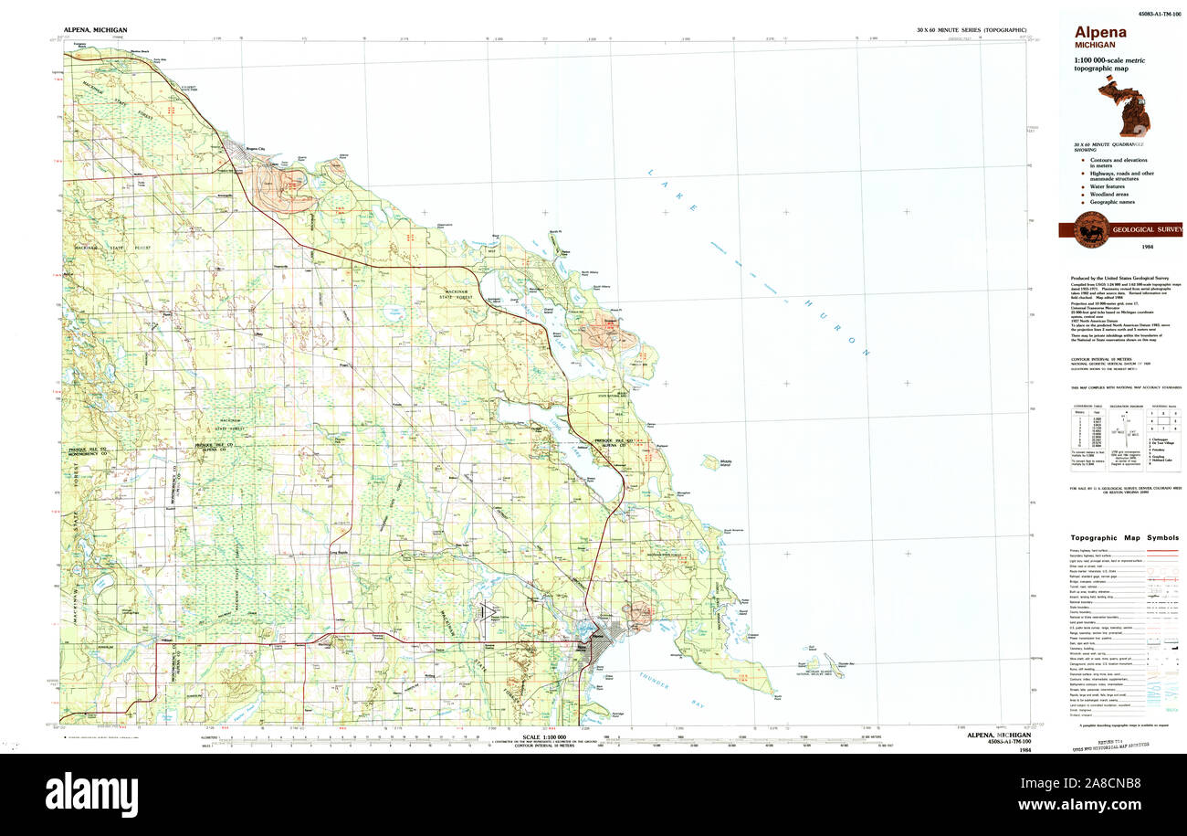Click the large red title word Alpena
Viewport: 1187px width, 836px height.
click(x=1099, y=32)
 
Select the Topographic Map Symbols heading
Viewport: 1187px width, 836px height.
click(x=1124, y=537)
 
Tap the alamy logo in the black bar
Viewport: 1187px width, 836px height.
click(x=91, y=794)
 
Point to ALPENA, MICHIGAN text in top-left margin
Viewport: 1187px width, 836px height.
click(x=95, y=30)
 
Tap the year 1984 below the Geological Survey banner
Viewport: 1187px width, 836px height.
click(x=1146, y=248)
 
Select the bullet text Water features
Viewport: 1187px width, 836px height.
click(x=1109, y=186)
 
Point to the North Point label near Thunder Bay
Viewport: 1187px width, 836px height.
click(x=777, y=699)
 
